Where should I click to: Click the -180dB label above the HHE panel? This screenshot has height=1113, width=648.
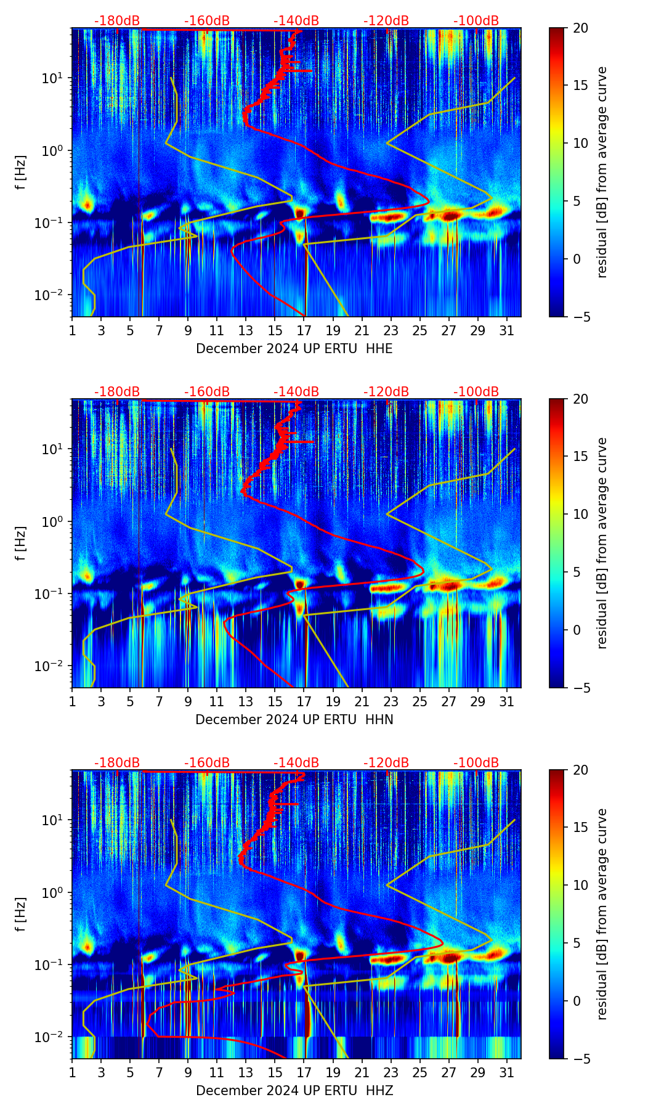(117, 21)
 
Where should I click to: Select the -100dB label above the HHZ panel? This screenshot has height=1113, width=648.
(476, 763)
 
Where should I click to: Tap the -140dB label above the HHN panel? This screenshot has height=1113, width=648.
(296, 392)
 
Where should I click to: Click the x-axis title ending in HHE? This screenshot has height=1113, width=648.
(294, 349)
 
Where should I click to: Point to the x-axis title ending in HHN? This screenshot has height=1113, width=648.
(294, 720)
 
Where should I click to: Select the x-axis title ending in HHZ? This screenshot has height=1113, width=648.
(294, 1091)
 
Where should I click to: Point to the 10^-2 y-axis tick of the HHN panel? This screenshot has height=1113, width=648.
(49, 666)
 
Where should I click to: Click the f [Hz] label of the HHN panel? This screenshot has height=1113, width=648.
(21, 543)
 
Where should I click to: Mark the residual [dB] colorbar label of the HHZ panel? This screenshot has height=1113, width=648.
(602, 914)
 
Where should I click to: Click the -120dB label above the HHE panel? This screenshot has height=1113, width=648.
(386, 21)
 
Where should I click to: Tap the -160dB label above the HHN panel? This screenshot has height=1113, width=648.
(207, 392)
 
